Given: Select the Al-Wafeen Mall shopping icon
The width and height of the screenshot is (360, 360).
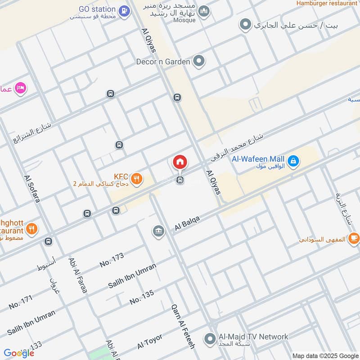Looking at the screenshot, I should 293,161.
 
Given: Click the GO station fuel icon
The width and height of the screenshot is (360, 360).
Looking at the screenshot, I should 124,11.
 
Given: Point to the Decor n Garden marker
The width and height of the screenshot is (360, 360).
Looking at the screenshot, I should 198,61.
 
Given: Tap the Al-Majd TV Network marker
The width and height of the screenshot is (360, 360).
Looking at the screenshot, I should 209,338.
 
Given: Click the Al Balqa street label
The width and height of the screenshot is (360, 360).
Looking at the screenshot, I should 187,223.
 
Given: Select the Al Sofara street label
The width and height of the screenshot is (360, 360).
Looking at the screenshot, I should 31,189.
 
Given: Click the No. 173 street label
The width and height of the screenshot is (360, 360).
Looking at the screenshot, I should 112,260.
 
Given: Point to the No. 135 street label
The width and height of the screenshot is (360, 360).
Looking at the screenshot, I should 141,297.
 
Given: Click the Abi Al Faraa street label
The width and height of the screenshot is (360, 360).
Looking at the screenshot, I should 77,275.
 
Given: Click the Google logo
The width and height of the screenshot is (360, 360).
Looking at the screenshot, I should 19,353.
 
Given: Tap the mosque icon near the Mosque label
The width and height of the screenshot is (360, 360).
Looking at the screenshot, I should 204,10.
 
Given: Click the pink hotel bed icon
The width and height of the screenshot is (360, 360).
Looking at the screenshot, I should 20,88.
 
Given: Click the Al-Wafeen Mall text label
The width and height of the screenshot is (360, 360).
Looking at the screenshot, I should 258,159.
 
